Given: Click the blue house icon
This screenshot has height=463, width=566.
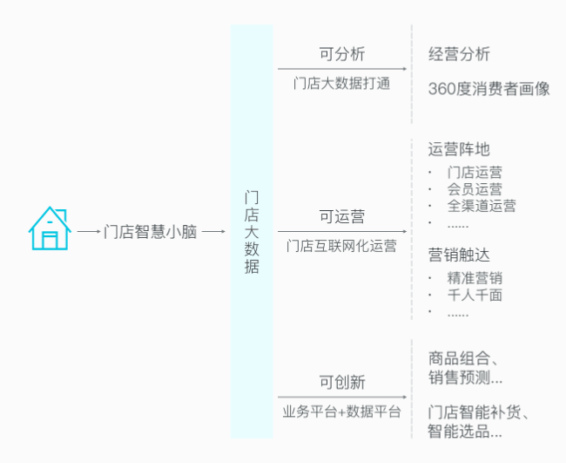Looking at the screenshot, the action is (50, 228).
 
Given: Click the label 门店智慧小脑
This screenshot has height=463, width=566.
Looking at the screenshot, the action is (150, 232).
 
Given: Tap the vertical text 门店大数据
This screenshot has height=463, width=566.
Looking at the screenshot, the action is (252, 232).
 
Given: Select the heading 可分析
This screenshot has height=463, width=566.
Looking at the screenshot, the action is (342, 54).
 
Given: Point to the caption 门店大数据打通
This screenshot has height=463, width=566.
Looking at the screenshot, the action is (341, 84).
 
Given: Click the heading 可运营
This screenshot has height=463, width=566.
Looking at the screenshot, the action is (342, 216).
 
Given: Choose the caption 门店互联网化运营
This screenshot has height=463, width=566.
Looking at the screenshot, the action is (341, 246).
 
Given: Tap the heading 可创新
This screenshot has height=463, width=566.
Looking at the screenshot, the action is (342, 382).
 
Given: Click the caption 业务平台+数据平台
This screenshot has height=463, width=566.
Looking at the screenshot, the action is (341, 412).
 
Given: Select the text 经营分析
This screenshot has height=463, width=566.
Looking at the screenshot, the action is (459, 54).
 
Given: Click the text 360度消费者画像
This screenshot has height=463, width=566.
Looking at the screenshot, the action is (489, 89).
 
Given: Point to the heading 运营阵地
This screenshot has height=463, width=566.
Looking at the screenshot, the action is (459, 149).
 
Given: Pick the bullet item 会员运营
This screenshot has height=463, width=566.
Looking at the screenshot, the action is (475, 189).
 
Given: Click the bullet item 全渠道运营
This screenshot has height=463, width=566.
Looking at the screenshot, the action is (482, 206).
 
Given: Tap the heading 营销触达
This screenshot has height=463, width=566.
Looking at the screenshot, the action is (459, 255).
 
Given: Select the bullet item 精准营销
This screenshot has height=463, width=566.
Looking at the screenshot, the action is (475, 278).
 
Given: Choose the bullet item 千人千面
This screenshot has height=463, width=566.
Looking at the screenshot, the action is (475, 295).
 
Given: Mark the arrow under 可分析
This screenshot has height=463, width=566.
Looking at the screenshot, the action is (342, 69).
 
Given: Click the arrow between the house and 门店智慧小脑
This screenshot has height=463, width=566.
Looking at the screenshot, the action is (89, 231).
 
